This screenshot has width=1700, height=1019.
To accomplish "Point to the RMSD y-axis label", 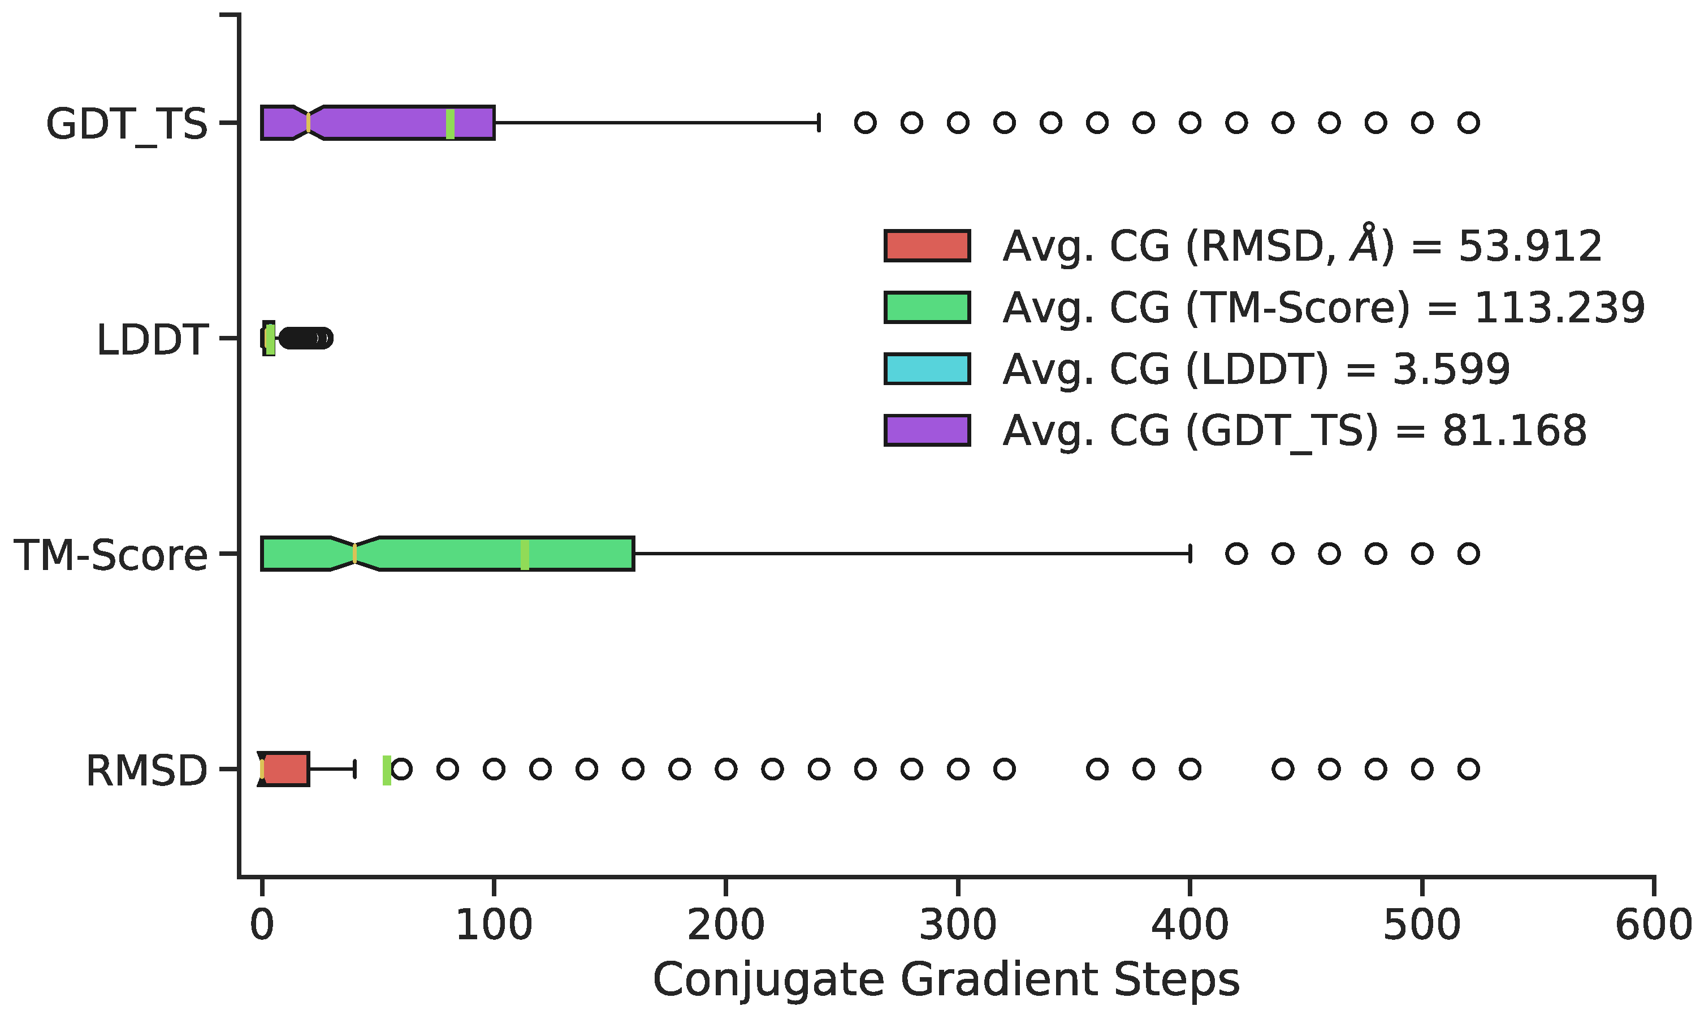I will pyautogui.click(x=146, y=770).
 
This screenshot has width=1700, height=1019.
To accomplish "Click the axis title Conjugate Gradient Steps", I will pyautogui.click(x=946, y=979).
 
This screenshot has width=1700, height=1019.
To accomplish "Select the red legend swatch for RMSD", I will pyautogui.click(x=927, y=246).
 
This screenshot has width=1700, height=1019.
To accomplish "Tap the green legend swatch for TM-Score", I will pyautogui.click(x=927, y=307).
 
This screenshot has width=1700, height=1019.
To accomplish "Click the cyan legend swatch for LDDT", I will pyautogui.click(x=927, y=369).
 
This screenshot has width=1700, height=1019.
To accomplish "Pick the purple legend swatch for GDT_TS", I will pyautogui.click(x=927, y=430).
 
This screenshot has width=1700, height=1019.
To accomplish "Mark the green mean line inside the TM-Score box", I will pyautogui.click(x=524, y=554).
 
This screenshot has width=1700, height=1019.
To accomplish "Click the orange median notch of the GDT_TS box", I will pyautogui.click(x=308, y=123).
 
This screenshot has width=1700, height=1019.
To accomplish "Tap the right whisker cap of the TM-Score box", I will pyautogui.click(x=1189, y=554).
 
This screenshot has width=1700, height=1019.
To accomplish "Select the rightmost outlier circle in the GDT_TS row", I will pyautogui.click(x=1468, y=123).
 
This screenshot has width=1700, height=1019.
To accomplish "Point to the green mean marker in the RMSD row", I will pyautogui.click(x=386, y=770).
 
